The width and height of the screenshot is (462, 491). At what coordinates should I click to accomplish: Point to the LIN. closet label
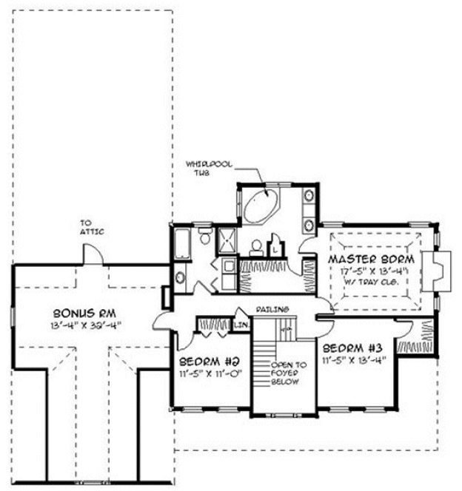[x=242, y=324]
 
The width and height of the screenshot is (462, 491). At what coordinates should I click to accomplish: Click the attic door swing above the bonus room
[x=94, y=254]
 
